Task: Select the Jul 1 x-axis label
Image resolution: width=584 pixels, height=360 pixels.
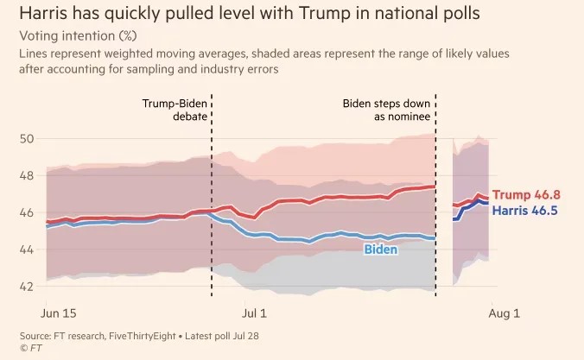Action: pyautogui.click(x=253, y=311)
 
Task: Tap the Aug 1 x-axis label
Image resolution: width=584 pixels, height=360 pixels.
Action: pyautogui.click(x=505, y=311)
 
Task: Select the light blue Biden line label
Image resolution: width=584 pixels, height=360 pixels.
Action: pyautogui.click(x=380, y=249)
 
